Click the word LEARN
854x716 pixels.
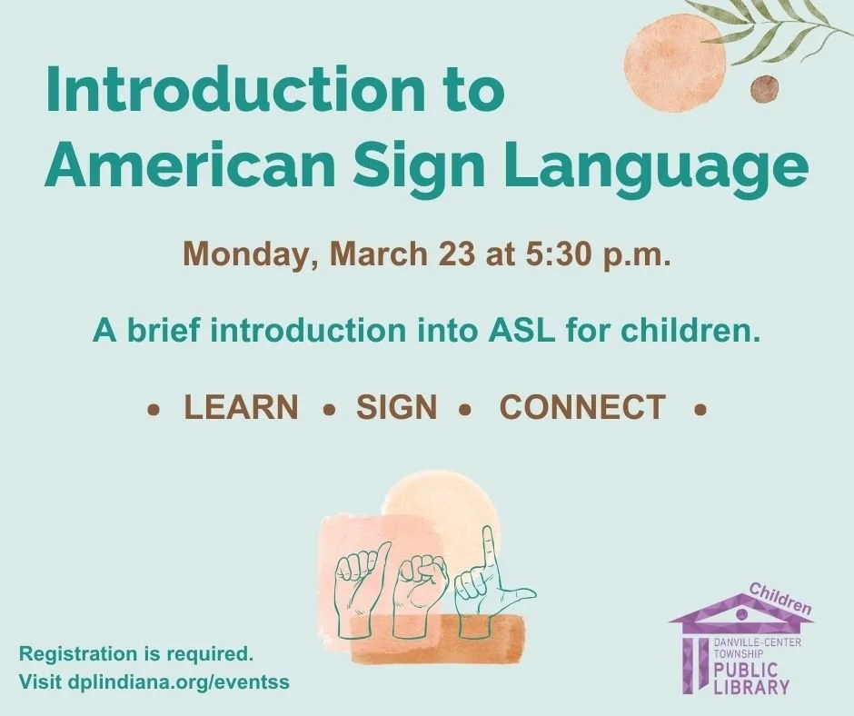click(x=241, y=408)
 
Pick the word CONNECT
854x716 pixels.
click(x=582, y=408)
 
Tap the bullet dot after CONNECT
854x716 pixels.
click(x=700, y=410)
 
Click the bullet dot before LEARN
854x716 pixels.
click(x=154, y=410)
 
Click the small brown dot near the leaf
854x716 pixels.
click(x=764, y=89)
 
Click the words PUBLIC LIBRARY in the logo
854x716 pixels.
click(x=750, y=679)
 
